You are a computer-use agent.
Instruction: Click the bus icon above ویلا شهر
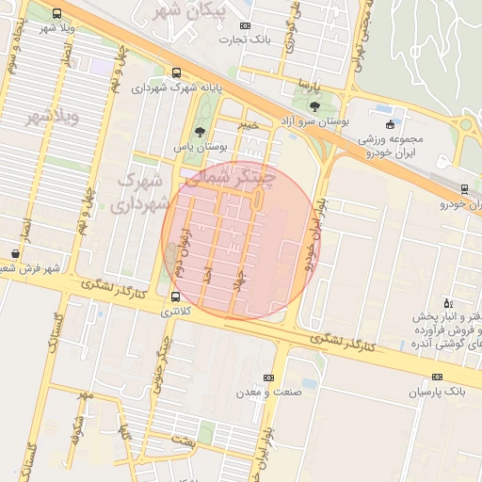[57, 14]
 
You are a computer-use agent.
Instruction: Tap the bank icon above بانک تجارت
[246, 25]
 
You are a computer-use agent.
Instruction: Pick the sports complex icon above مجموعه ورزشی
[391, 124]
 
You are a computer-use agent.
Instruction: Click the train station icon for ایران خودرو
[448, 187]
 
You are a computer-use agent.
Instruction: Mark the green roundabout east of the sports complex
[466, 124]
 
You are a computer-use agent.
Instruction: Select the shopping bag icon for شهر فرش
[15, 253]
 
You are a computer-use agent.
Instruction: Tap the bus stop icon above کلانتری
[176, 297]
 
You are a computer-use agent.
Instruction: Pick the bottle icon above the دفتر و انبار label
[447, 301]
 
